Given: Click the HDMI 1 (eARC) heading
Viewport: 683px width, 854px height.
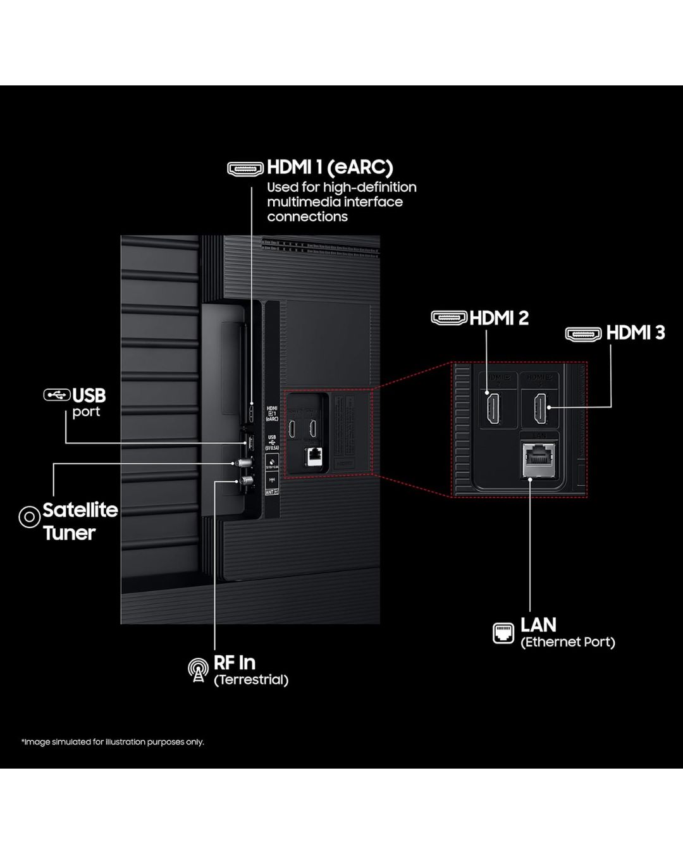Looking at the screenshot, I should (329, 168).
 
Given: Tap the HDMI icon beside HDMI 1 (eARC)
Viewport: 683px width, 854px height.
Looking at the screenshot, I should (245, 169).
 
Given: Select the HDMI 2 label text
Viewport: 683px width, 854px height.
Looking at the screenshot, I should (499, 318).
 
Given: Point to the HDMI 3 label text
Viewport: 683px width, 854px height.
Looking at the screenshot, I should (635, 333).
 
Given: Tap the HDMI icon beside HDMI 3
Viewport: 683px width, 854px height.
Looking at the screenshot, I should (583, 334).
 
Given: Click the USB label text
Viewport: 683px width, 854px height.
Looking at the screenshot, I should (89, 396).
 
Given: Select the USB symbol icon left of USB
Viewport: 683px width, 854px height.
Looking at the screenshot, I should (56, 395).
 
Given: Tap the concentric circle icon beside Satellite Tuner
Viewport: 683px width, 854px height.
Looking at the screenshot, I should (29, 517).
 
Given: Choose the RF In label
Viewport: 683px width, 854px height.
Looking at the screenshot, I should (235, 663).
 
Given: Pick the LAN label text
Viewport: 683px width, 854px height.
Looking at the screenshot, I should (538, 625).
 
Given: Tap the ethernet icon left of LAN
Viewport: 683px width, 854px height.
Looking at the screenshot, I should (503, 633).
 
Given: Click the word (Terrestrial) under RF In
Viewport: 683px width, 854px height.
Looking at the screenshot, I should (251, 680).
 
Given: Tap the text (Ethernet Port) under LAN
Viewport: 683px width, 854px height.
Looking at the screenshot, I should (567, 642).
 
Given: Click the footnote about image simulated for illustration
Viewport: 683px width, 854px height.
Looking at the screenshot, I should (113, 742).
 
